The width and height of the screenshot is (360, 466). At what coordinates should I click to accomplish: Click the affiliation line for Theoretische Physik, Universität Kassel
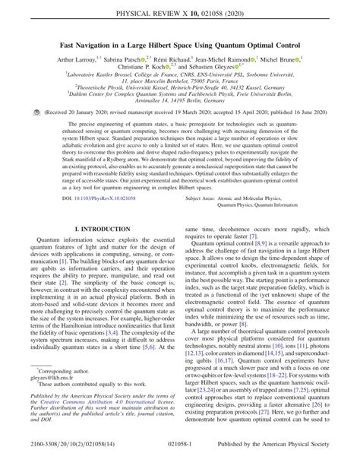click(179, 107)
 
